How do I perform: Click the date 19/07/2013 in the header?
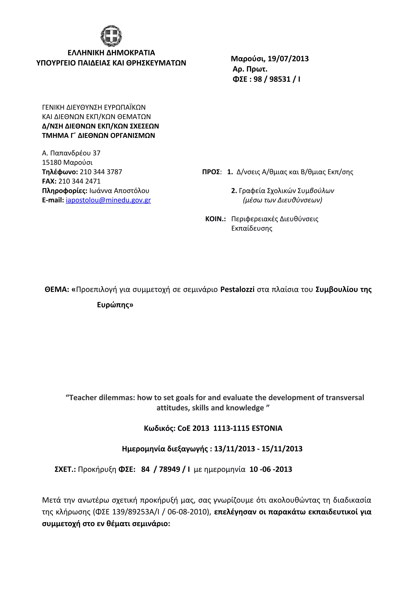(x=288, y=59)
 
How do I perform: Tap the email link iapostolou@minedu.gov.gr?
(x=108, y=200)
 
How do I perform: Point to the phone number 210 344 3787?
(x=101, y=172)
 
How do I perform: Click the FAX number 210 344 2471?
(x=79, y=181)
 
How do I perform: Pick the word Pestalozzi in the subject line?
(x=237, y=289)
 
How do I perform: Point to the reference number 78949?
(x=169, y=469)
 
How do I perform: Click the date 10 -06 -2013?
(x=271, y=469)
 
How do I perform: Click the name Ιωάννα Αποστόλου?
(x=119, y=191)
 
